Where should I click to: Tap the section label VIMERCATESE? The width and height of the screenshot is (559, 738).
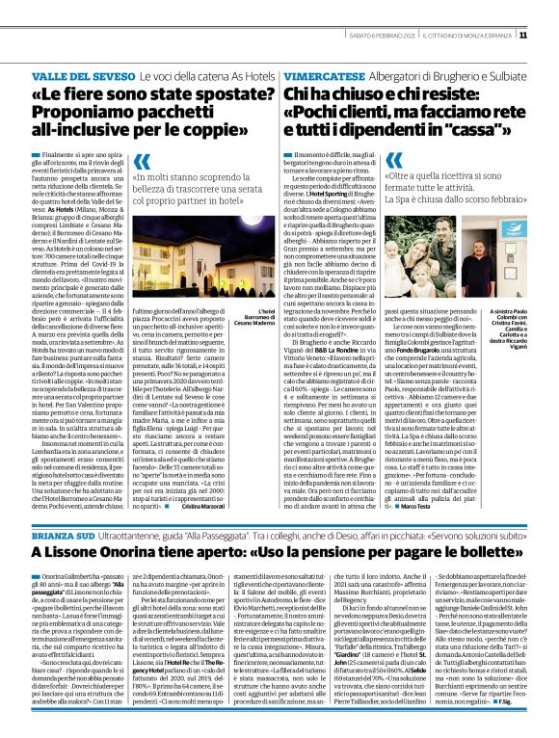point(327,75)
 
